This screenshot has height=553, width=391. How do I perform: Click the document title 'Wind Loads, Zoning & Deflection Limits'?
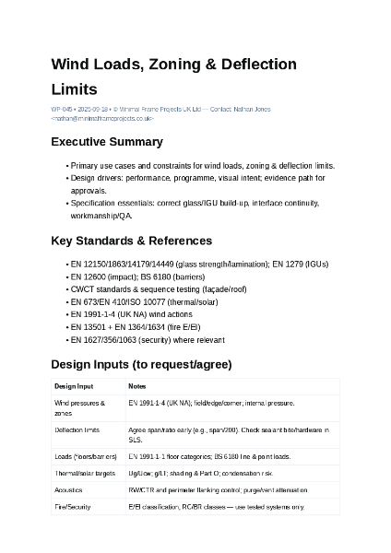coord(173,76)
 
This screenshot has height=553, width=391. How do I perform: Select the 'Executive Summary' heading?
coord(106,142)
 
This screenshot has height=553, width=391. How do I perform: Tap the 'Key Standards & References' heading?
coord(131,241)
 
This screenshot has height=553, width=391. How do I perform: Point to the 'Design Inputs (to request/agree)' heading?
coord(141,364)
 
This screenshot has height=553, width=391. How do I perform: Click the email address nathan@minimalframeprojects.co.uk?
coord(102,119)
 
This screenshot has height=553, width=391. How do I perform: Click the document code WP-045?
coord(63,110)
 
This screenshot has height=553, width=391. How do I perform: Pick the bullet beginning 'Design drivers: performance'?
coord(197,178)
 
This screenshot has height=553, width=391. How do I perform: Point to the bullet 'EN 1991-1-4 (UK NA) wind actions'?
coord(133,314)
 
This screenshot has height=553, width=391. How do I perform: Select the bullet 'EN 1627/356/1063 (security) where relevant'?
coord(147,339)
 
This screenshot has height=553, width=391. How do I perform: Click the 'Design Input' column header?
coord(74,386)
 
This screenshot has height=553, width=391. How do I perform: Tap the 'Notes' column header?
coord(136,386)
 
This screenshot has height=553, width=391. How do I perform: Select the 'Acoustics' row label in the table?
coord(68,489)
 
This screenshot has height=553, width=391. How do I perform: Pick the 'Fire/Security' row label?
coord(73,507)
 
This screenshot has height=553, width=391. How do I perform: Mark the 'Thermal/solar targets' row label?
coord(85,473)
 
